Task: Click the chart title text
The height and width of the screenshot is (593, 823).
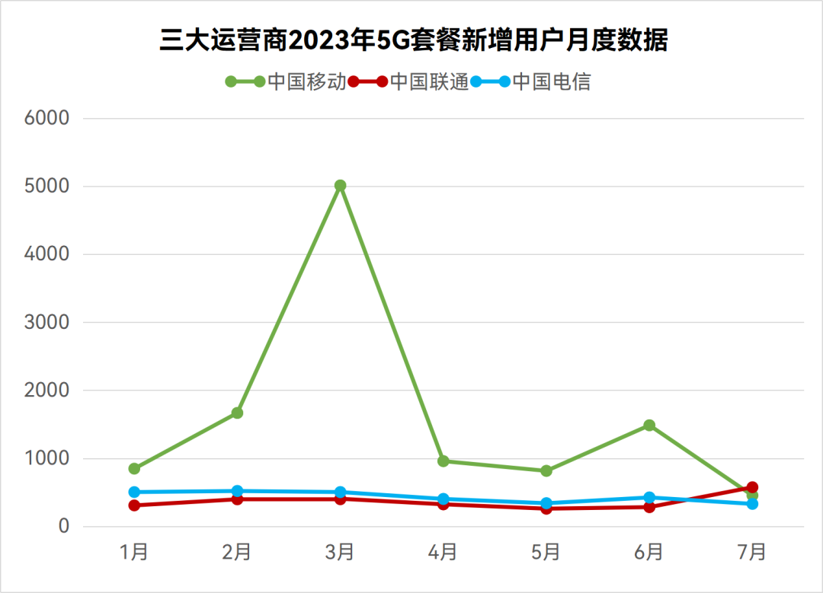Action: pyautogui.click(x=413, y=40)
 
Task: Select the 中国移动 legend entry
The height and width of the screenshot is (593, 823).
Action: pyautogui.click(x=286, y=81)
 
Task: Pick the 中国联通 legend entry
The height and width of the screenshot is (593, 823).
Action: pyautogui.click(x=408, y=81)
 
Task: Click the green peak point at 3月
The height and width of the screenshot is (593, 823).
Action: pyautogui.click(x=340, y=186)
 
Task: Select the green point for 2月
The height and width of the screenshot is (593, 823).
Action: pyautogui.click(x=237, y=413)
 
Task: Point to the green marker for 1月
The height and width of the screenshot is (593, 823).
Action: pyautogui.click(x=134, y=469)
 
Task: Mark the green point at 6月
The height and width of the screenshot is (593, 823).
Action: pyautogui.click(x=649, y=425)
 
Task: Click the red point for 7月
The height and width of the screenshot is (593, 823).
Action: pyautogui.click(x=752, y=487)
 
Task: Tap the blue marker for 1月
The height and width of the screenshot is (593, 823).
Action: pyautogui.click(x=134, y=493)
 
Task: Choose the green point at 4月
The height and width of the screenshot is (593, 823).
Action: pyautogui.click(x=443, y=461)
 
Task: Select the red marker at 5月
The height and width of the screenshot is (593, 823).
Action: pyautogui.click(x=546, y=508)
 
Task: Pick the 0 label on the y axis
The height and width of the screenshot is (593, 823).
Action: pyautogui.click(x=64, y=526)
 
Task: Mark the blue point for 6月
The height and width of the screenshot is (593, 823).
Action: pyautogui.click(x=649, y=497)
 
